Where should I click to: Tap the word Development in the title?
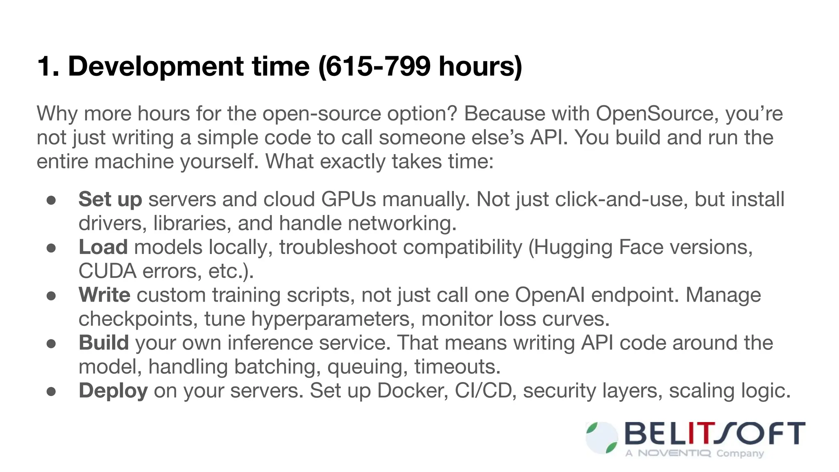(x=156, y=66)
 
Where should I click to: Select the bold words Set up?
(x=110, y=200)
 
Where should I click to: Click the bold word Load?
(x=103, y=247)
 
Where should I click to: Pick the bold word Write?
(x=104, y=295)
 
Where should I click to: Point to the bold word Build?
(x=104, y=343)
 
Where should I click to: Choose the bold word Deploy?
(x=113, y=391)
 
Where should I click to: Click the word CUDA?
(x=107, y=271)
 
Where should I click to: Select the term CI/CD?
(x=483, y=391)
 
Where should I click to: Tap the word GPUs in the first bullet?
(x=348, y=200)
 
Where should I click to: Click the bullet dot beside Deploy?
(x=51, y=391)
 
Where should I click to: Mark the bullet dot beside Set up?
(x=51, y=200)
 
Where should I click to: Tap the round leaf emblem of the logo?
(x=602, y=438)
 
